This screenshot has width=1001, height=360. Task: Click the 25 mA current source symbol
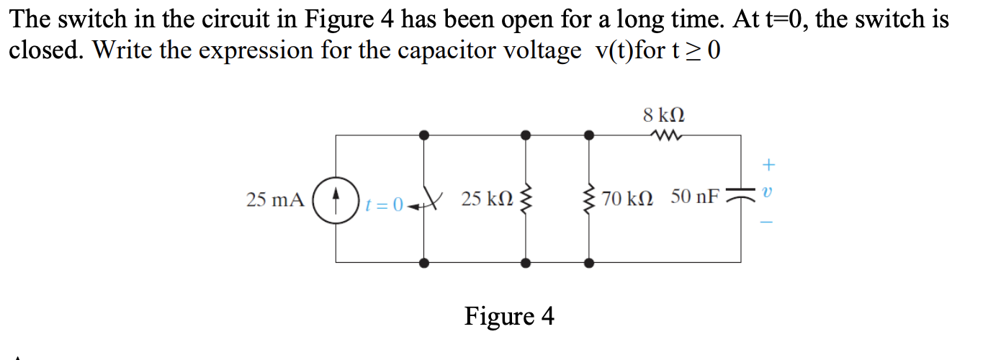tap(336, 199)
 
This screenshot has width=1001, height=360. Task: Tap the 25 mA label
tap(275, 199)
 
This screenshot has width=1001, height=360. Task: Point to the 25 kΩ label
tap(488, 199)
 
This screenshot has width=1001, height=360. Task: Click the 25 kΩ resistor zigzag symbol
tap(526, 199)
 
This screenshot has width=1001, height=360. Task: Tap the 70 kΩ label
tap(627, 199)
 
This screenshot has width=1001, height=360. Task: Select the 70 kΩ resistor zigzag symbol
tap(590, 199)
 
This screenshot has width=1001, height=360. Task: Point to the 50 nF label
tap(694, 197)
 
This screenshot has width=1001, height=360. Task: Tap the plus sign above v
tap(768, 166)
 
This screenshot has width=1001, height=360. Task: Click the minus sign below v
tap(768, 222)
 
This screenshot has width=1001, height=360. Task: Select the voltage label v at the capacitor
tap(768, 194)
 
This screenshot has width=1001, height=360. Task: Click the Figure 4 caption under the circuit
tap(509, 316)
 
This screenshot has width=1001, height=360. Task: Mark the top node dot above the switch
tap(424, 135)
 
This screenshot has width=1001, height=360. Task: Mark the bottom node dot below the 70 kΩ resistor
tap(590, 264)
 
